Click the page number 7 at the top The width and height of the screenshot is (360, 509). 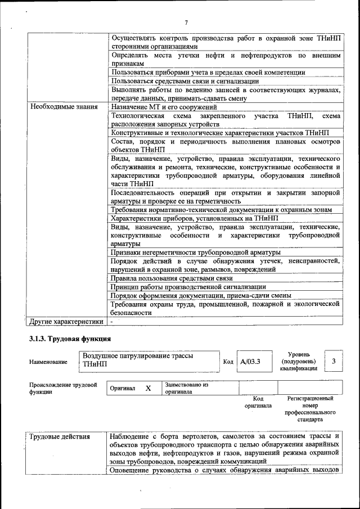(186, 22)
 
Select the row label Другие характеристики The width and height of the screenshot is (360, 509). (66, 322)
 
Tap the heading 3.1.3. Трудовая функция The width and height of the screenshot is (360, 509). (70, 339)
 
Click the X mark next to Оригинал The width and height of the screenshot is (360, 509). (148, 388)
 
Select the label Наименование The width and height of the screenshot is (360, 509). (48, 362)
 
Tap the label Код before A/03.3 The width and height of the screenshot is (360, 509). (228, 362)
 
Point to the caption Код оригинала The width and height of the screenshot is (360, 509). (258, 402)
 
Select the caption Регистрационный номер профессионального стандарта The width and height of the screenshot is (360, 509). (310, 409)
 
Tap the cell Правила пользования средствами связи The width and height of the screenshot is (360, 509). (172, 278)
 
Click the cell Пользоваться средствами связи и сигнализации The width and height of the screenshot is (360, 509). (184, 81)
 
